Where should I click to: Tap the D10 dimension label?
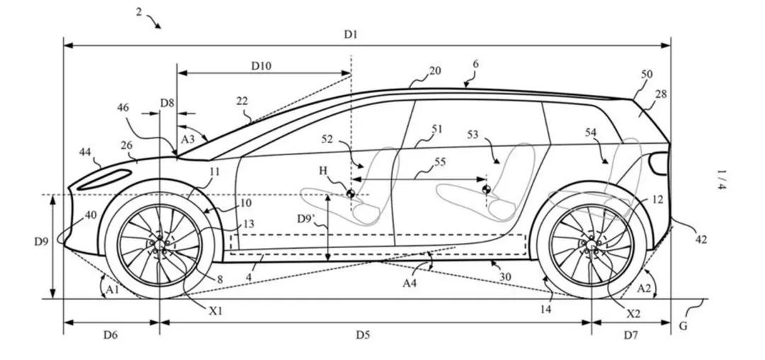pyautogui.click(x=261, y=65)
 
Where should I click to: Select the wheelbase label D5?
pyautogui.click(x=363, y=335)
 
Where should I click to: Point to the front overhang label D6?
pyautogui.click(x=110, y=335)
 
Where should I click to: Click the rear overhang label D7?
pyautogui.click(x=630, y=335)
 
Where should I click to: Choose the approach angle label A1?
pyautogui.click(x=110, y=289)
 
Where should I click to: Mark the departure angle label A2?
pyautogui.click(x=645, y=288)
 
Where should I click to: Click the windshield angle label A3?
pyautogui.click(x=188, y=140)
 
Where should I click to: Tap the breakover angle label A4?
pyautogui.click(x=410, y=283)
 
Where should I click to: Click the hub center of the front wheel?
pyautogui.click(x=159, y=244)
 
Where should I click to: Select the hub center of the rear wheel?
pyautogui.click(x=591, y=244)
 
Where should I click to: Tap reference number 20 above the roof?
pyautogui.click(x=435, y=71)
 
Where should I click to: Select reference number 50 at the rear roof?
pyautogui.click(x=647, y=74)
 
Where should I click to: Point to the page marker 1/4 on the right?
pyautogui.click(x=721, y=179)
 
